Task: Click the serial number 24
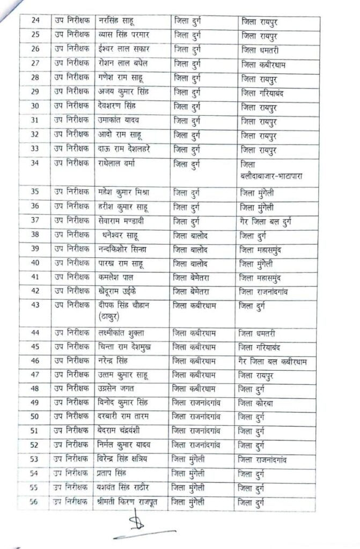(36, 22)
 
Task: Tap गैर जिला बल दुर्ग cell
(274, 220)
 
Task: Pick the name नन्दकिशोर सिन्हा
(127, 249)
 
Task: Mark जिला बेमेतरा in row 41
(194, 278)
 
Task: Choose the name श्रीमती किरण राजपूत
(128, 502)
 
